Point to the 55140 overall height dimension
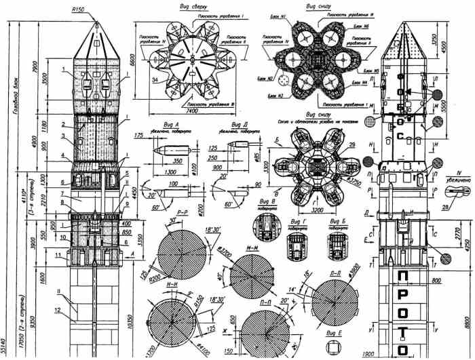(5, 346)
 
